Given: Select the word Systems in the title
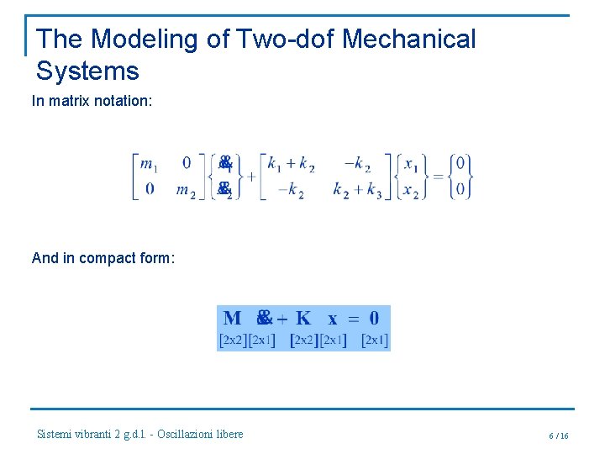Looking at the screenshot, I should tap(87, 71).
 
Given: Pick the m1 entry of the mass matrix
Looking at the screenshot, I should tap(150, 164).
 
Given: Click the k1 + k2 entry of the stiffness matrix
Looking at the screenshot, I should tap(291, 164).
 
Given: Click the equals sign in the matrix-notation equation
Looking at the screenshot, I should tap(438, 177).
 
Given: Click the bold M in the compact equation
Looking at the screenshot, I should tap(233, 319).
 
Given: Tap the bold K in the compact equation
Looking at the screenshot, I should tap(303, 319).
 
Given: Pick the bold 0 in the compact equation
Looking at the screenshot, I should tap(374, 319).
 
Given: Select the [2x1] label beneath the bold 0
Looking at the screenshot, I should tap(374, 340).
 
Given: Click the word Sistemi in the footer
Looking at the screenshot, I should tap(55, 434).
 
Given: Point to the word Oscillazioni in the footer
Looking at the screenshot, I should tap(188, 434).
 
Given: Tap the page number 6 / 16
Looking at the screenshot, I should tap(558, 436).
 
